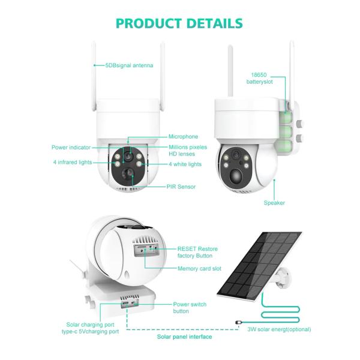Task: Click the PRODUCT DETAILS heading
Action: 179,23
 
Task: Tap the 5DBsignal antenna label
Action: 128,65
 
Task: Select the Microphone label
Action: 183,136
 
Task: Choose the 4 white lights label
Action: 185,164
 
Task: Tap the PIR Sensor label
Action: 181,187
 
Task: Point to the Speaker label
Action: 274,203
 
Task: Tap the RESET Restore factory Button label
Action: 197,252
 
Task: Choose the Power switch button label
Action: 190,308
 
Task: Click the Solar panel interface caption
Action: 184,337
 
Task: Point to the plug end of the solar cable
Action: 239,322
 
